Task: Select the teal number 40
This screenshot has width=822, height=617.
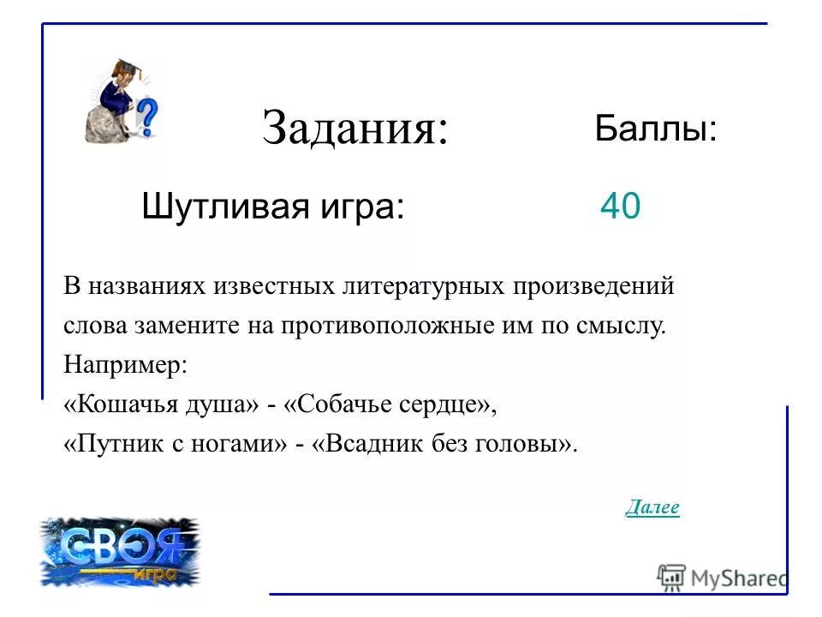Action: (x=620, y=207)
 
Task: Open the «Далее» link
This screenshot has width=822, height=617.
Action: (x=652, y=507)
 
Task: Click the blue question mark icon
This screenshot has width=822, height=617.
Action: (x=147, y=117)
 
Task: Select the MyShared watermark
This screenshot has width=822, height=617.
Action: (x=722, y=577)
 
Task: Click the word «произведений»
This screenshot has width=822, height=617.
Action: (x=594, y=286)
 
